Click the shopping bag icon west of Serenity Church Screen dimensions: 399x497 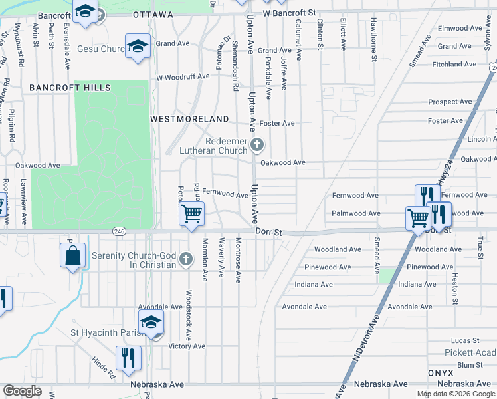[x=72, y=255]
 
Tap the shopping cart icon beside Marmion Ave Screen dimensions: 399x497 [x=191, y=214]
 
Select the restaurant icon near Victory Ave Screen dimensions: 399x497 [x=125, y=358]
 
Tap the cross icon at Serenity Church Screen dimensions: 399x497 [x=186, y=259]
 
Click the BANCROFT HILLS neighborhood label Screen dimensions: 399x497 [x=70, y=88]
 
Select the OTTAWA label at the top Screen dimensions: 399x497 [x=153, y=14]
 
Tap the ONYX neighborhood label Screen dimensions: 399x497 [x=441, y=373]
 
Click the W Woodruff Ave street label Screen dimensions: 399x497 [x=183, y=76]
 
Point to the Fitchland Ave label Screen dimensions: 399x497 [x=454, y=65]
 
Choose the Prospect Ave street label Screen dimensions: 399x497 [x=450, y=102]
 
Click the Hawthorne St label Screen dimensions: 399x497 [x=374, y=49]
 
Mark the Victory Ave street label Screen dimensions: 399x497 [x=187, y=346]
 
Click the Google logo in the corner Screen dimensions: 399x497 [x=22, y=391]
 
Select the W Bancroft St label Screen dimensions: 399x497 [x=288, y=13]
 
